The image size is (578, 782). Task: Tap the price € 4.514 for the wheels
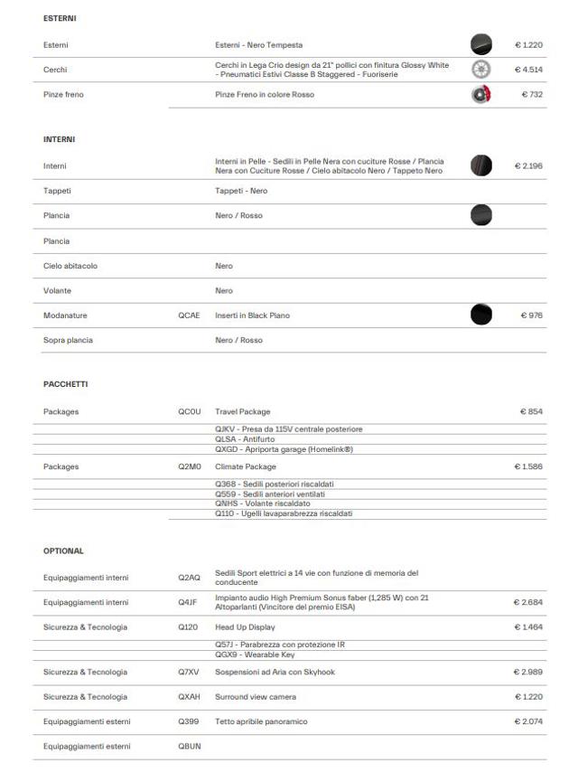click(x=528, y=70)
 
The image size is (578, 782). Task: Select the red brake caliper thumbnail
click(x=481, y=95)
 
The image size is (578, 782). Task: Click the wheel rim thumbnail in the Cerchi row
click(x=481, y=70)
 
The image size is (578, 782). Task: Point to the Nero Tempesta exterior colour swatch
click(x=481, y=44)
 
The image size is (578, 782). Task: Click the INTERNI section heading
click(x=59, y=140)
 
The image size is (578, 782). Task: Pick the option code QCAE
click(x=189, y=316)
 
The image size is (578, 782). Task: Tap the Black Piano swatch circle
click(x=481, y=315)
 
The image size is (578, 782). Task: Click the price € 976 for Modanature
click(x=531, y=316)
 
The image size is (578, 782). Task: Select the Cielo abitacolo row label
click(x=70, y=266)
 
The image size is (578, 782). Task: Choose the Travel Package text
click(x=243, y=411)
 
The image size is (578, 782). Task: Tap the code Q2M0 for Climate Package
click(x=189, y=466)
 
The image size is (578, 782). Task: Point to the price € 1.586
click(x=528, y=466)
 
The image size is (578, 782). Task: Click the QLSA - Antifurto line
click(x=245, y=438)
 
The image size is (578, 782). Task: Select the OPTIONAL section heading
click(x=63, y=550)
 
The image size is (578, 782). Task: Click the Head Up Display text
click(x=245, y=627)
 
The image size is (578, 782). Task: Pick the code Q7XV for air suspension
click(x=189, y=672)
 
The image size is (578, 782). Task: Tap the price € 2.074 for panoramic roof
click(x=528, y=721)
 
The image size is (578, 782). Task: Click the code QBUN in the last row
click(x=189, y=746)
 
